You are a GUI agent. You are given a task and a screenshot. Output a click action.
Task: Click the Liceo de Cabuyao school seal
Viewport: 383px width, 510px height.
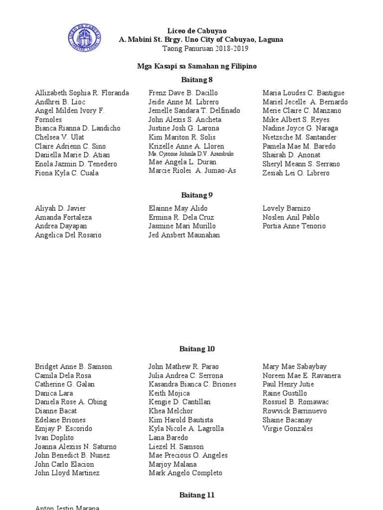coord(86,40)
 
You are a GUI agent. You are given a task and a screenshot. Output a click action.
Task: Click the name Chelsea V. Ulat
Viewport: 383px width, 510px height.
coord(59,137)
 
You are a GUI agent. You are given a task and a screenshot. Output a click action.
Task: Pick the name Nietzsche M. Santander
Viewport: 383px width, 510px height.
coord(299,137)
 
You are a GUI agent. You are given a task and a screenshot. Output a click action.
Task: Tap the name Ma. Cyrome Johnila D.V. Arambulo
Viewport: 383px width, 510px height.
coord(191,154)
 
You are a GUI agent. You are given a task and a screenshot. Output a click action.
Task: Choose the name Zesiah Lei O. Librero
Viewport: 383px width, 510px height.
coord(296,173)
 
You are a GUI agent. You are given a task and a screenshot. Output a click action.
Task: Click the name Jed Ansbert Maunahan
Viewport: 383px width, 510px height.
coord(184,235)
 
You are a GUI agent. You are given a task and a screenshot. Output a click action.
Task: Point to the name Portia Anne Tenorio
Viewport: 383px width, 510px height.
coord(294,226)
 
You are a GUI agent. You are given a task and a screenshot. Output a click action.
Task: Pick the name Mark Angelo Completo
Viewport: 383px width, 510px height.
coord(186,473)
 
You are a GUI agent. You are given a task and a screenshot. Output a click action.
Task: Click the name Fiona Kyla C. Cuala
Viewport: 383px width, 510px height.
coord(67,173)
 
